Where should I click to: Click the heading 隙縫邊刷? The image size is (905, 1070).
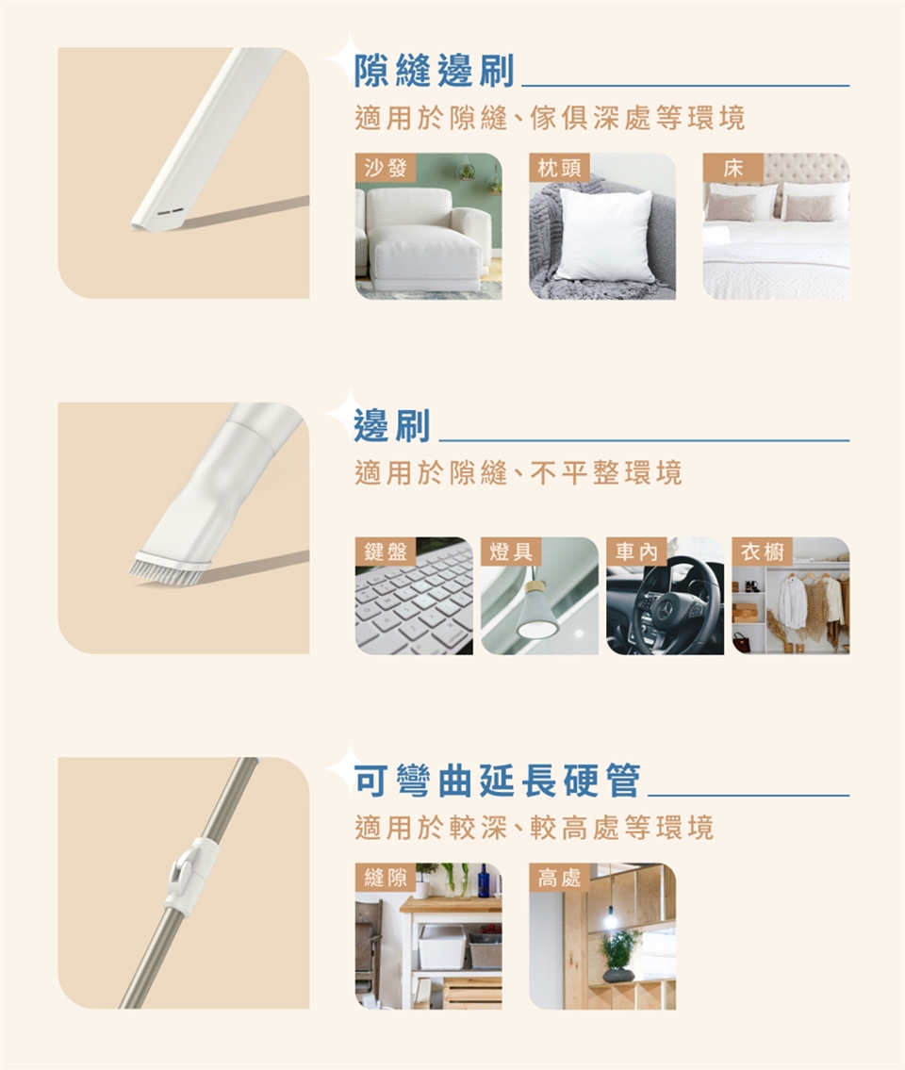(434, 71)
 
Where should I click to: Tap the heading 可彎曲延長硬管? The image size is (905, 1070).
(498, 781)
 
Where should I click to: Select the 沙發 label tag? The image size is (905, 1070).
(386, 167)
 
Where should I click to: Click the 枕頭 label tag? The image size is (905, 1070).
(560, 167)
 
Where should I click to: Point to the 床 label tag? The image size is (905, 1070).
(733, 167)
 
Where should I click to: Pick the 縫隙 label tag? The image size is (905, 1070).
(386, 877)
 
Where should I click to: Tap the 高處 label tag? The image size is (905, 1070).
(560, 877)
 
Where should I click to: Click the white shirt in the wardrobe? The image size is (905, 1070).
(793, 601)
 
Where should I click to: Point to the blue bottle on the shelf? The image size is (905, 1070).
(484, 881)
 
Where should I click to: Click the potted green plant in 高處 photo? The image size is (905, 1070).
(618, 947)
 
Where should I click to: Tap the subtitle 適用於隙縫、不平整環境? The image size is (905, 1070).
(518, 472)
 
